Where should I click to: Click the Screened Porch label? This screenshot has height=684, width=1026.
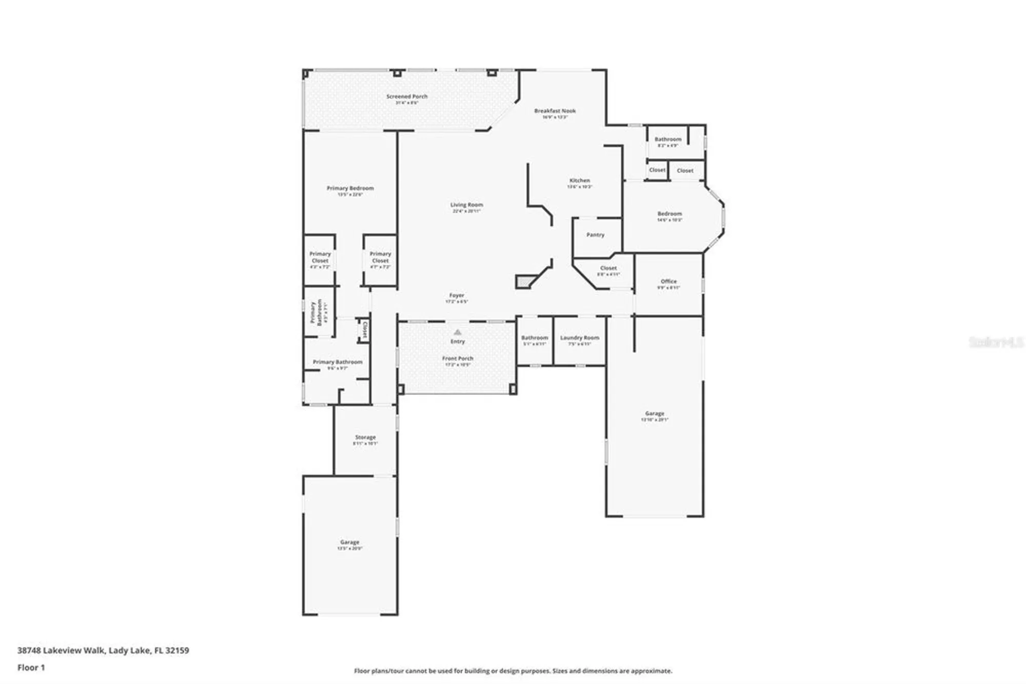coord(407,97)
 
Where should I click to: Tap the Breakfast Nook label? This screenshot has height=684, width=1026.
coord(555,111)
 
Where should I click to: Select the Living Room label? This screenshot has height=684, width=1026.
coord(466,205)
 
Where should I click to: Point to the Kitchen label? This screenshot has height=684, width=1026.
coord(579,181)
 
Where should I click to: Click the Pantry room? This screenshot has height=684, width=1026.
coord(595,235)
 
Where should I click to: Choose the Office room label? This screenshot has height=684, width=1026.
coord(668,281)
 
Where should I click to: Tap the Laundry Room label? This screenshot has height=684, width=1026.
coord(579,338)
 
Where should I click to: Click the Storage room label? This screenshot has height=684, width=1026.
coord(365,438)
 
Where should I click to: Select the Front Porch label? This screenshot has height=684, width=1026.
coord(458,358)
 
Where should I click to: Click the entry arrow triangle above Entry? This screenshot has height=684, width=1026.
coord(458,332)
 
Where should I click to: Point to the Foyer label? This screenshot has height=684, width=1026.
coord(457,296)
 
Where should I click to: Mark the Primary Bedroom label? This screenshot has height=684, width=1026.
coord(350,188)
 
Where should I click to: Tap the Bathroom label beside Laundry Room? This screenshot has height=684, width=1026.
coord(535,338)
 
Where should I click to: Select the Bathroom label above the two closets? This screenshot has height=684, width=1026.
coord(667,139)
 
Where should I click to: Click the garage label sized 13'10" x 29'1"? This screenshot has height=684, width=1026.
coord(654,414)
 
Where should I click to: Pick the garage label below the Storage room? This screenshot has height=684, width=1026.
coord(349,542)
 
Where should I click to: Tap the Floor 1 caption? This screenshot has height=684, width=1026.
coord(31,668)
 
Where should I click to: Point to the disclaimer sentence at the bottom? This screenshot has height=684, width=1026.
coord(512,671)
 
